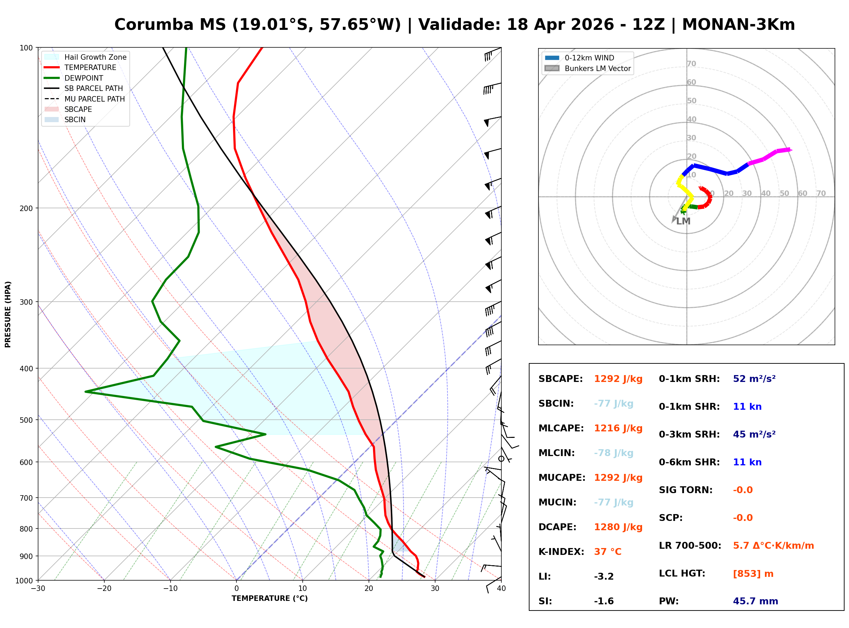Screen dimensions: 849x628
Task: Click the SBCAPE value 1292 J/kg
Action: [618, 379]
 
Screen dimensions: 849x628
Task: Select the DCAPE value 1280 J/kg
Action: [618, 527]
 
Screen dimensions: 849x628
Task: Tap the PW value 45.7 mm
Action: [756, 601]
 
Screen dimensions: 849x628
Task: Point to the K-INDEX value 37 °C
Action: [608, 552]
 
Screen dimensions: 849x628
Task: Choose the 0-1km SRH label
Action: [689, 379]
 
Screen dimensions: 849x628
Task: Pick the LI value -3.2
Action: [604, 577]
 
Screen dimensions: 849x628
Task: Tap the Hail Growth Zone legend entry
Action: [85, 57]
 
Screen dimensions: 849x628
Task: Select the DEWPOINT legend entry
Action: [74, 78]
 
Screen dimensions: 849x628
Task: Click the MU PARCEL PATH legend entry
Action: [85, 99]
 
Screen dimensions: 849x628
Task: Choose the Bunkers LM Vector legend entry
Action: [588, 68]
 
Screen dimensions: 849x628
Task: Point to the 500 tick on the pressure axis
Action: [27, 420]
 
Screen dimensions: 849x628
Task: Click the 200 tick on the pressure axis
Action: [27, 208]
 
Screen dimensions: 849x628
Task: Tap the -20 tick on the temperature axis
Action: [104, 589]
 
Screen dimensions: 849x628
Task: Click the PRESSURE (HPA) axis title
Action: [8, 314]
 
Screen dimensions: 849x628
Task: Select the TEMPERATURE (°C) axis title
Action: [270, 599]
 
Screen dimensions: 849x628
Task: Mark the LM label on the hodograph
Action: [683, 221]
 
